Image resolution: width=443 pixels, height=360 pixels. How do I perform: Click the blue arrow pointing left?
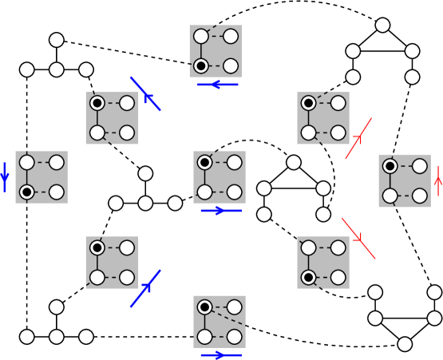point(217,84)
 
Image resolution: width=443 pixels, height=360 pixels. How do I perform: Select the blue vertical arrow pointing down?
point(5,176)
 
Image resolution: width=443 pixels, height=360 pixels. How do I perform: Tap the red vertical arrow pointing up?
point(437,181)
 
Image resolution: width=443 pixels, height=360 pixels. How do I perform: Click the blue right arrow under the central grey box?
point(221,211)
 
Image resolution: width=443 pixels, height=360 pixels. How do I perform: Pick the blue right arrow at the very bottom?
point(221,355)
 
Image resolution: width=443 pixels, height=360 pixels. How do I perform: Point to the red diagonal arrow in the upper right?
point(358,139)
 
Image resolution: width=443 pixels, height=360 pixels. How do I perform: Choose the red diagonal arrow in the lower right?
point(358,238)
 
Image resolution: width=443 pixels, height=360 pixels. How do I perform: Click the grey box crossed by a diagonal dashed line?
point(220,322)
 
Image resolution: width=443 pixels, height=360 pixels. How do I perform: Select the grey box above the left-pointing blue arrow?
point(216,51)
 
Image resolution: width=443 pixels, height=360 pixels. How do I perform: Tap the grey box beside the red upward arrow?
point(405,181)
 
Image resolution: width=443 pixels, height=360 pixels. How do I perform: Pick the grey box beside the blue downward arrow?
point(42,177)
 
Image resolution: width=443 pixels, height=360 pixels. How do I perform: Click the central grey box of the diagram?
point(220,177)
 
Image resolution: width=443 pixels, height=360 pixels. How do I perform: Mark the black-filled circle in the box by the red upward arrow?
point(390,166)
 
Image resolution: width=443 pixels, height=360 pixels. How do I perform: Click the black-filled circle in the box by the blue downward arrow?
point(27,192)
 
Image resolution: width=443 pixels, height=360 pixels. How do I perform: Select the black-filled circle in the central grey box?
point(205,163)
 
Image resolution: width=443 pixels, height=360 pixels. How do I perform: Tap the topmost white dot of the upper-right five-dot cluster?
point(382,25)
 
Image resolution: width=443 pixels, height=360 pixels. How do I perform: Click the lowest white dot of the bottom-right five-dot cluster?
point(405,344)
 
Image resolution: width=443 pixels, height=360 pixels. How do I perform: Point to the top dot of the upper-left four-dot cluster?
point(57,40)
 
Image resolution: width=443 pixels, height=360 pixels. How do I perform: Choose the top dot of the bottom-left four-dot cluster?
point(57,307)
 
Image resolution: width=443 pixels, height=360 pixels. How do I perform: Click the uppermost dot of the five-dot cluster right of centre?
point(294,162)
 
